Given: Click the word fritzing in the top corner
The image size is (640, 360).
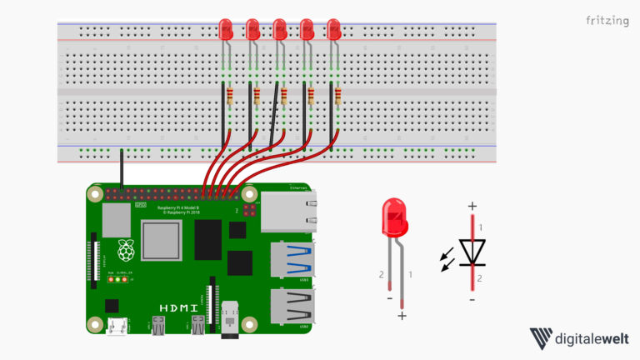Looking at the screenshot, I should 607,20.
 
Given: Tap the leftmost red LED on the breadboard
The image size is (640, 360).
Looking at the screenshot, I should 226,31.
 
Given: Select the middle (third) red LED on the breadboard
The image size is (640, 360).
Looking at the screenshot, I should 280,31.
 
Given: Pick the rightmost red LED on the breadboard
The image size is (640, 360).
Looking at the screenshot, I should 334,31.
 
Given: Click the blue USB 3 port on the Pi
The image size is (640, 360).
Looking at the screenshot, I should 292,260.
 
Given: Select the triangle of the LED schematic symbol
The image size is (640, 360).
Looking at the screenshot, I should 472,251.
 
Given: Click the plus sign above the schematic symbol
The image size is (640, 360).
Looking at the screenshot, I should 472,206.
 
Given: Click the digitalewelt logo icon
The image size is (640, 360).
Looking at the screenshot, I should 542,338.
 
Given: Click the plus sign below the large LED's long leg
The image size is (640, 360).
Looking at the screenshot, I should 402,317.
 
